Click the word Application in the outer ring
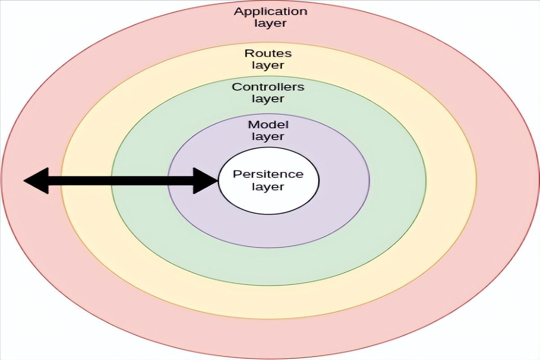[270, 12]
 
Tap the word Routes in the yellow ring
[268, 53]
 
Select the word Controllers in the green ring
[268, 87]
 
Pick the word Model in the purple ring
[268, 125]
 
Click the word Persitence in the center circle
[268, 174]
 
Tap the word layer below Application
[270, 23]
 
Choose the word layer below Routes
[268, 65]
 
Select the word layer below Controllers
[268, 99]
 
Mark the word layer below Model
[268, 136]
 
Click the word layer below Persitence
[268, 186]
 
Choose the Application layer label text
[270, 18]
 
